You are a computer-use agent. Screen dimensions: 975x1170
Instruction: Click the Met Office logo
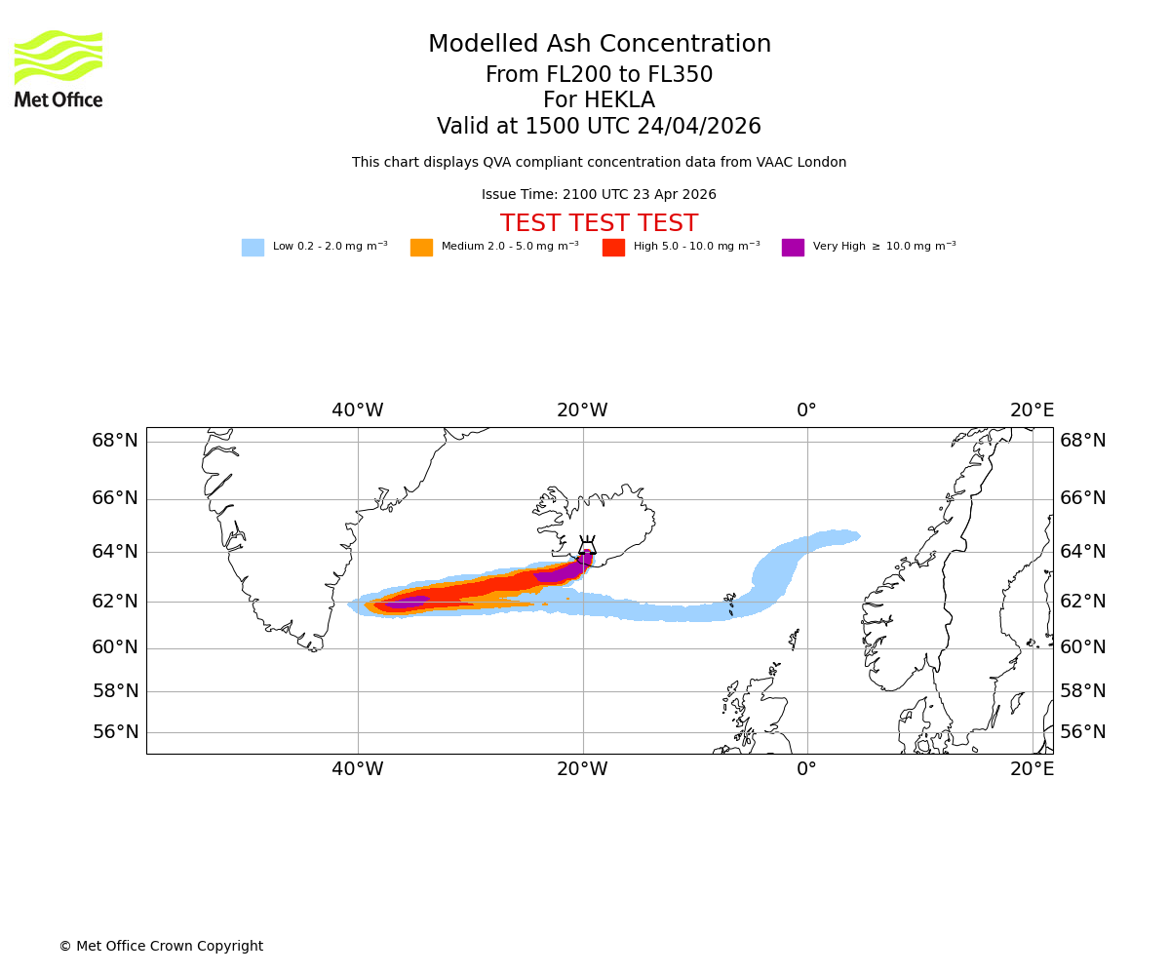tap(58, 68)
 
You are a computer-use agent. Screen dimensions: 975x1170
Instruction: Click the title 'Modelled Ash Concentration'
tap(600, 45)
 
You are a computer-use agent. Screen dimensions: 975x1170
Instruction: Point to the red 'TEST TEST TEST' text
tap(599, 224)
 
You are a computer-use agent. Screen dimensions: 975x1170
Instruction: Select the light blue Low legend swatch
tap(253, 248)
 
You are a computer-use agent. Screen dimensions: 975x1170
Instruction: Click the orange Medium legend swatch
tap(421, 248)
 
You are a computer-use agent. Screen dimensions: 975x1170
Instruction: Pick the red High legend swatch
tap(613, 248)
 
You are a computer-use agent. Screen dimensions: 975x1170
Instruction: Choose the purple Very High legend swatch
tap(793, 248)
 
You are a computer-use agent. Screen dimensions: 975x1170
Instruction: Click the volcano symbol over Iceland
tap(587, 545)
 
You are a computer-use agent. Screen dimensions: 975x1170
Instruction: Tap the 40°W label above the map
tap(357, 410)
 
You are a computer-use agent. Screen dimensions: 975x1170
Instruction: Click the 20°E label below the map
tap(1032, 769)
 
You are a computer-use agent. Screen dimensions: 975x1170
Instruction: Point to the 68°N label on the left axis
tap(115, 441)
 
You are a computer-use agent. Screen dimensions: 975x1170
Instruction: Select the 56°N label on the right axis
tap(1083, 732)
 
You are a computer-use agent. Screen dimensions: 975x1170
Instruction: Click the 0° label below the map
tap(806, 769)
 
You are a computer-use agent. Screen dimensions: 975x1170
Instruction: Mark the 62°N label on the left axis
tap(115, 601)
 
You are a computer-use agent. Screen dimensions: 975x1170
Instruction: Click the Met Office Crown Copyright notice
tap(161, 947)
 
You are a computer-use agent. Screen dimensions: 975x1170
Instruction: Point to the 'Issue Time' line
tap(599, 195)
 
